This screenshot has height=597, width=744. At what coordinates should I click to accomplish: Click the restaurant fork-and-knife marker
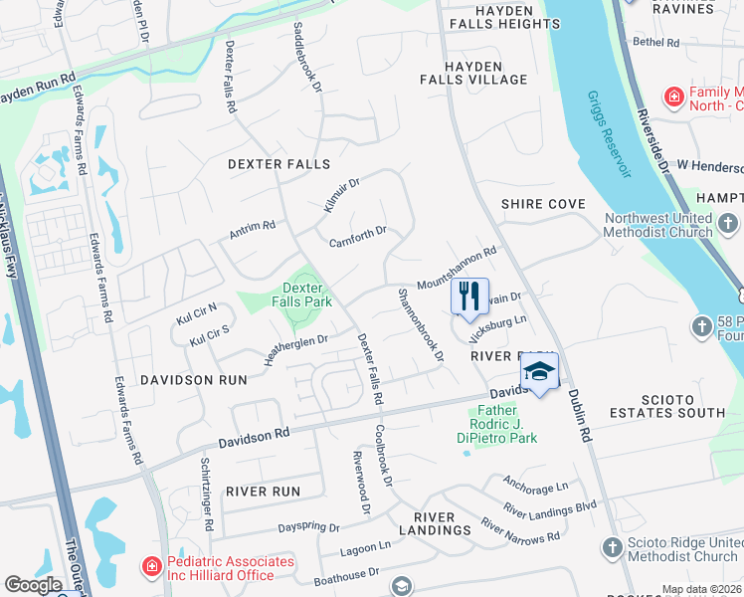pos(469,296)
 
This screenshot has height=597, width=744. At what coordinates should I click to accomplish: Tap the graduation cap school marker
pos(539,371)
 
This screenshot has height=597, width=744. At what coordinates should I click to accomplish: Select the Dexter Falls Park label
pos(303,294)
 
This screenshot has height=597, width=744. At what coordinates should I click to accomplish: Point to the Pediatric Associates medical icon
pos(151,567)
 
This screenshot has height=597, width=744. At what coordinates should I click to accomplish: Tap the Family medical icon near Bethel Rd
pos(673,97)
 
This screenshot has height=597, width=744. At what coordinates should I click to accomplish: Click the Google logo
pos(33,585)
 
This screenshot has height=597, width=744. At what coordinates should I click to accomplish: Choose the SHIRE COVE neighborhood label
pos(543,204)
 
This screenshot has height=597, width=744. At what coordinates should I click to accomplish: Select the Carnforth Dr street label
pos(357,237)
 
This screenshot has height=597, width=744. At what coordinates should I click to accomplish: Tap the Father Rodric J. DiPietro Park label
pos(507,424)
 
